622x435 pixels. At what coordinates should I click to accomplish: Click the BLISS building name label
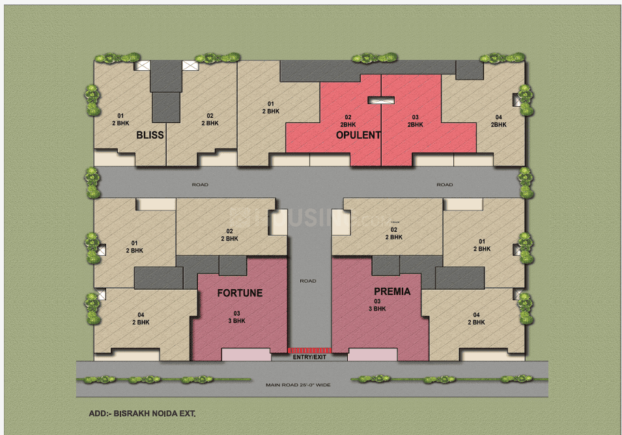(150, 135)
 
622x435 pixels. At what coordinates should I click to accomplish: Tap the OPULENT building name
(358, 135)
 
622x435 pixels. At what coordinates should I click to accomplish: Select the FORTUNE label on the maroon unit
(240, 293)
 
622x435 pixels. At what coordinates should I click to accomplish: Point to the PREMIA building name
(392, 291)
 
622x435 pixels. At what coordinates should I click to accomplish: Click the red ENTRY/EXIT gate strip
(310, 350)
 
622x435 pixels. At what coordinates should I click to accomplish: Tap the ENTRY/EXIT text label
(310, 358)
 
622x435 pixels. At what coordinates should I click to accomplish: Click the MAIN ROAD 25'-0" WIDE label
(298, 385)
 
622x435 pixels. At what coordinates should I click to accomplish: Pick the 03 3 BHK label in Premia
(377, 305)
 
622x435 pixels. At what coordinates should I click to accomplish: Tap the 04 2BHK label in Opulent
(498, 120)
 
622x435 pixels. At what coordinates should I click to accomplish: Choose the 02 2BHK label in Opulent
(348, 120)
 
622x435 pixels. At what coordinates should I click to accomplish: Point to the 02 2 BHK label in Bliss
(210, 119)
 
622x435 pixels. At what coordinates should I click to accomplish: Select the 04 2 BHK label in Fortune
(141, 318)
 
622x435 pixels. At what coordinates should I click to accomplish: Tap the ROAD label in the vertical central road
(308, 281)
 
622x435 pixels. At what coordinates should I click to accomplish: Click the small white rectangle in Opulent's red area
(381, 100)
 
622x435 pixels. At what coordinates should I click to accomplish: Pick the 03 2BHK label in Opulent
(414, 120)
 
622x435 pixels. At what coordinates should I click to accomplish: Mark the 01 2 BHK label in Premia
(481, 246)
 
